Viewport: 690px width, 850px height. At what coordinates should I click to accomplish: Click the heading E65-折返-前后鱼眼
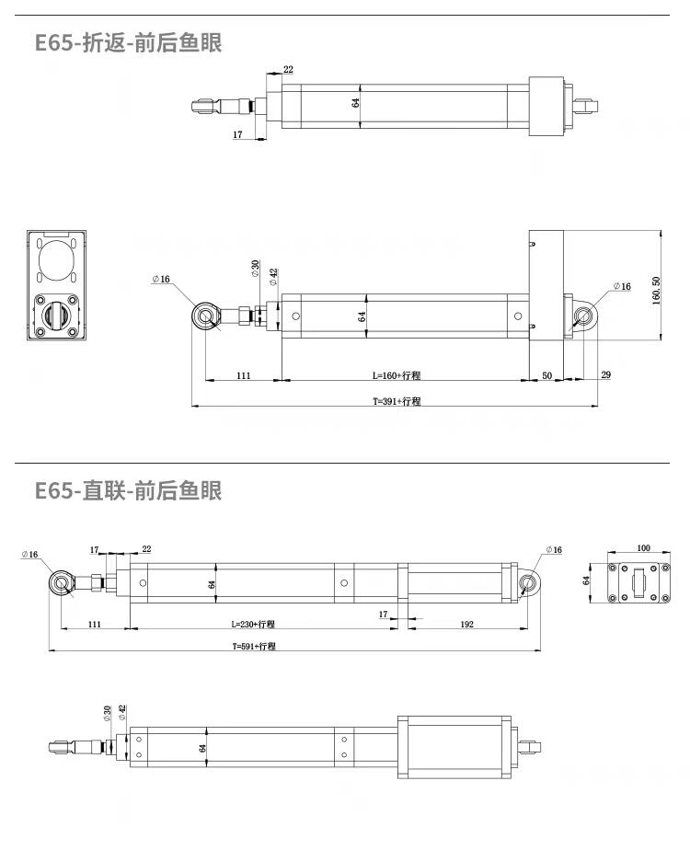(x=128, y=43)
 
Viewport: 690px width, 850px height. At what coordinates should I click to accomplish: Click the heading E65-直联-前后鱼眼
(x=128, y=490)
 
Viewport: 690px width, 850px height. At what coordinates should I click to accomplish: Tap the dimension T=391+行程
(x=396, y=401)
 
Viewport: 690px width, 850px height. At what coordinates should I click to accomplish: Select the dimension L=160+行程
(x=402, y=375)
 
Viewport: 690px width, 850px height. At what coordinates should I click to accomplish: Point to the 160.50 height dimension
(x=656, y=293)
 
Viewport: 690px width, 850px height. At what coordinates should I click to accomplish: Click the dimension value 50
(x=546, y=375)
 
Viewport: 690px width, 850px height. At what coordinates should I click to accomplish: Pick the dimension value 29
(x=604, y=375)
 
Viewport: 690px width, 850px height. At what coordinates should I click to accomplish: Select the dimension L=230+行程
(x=252, y=624)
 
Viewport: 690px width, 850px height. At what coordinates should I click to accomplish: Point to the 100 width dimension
(x=643, y=549)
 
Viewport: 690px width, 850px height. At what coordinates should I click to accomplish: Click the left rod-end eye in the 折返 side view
(x=206, y=317)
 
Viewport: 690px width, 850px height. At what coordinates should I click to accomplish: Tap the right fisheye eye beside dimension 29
(x=582, y=317)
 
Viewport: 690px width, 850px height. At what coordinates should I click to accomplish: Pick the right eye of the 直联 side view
(x=529, y=584)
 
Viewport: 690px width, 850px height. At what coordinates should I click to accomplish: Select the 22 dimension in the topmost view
(x=288, y=70)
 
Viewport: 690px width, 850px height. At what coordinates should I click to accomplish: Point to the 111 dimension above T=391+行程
(x=243, y=375)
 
